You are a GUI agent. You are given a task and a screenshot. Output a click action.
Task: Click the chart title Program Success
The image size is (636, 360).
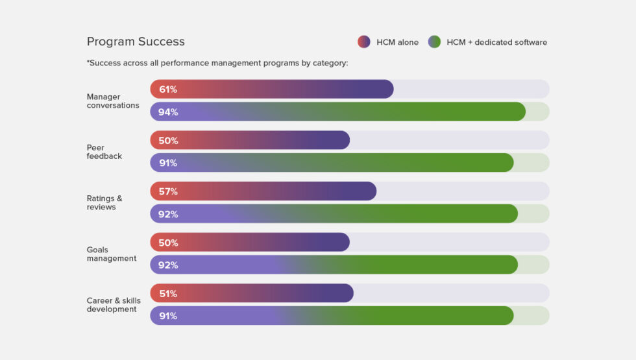click(136, 42)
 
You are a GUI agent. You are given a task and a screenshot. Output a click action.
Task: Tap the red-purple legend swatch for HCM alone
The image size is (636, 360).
click(363, 42)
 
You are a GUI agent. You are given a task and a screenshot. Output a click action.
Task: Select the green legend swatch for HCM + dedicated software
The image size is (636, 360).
click(434, 42)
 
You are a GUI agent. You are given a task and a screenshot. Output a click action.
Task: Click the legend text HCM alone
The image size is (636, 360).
click(397, 42)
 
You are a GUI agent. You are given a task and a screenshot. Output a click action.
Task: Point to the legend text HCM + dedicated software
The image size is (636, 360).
click(496, 42)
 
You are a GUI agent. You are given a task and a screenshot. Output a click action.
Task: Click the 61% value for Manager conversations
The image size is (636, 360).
click(168, 90)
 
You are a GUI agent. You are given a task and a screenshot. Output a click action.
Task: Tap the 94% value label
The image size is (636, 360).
click(168, 112)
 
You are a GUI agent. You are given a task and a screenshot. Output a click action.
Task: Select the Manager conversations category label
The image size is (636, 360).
click(113, 101)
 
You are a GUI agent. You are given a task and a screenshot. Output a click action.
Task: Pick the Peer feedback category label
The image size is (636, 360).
click(104, 152)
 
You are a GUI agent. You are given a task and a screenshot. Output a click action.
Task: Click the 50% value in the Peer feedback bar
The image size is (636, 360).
click(168, 141)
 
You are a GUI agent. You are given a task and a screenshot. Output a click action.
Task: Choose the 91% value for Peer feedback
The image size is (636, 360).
click(168, 163)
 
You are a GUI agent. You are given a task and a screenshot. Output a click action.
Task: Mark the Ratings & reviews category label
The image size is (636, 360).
click(104, 202)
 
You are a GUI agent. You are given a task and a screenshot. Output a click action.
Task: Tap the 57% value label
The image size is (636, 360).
click(168, 191)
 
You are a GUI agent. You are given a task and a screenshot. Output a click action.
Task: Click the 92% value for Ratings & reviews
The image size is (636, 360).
click(168, 214)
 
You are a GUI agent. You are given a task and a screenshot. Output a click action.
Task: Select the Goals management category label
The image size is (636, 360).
click(112, 254)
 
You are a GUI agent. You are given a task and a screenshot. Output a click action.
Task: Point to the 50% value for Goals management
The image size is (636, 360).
click(168, 243)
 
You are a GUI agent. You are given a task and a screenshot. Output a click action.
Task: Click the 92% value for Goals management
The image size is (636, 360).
click(168, 265)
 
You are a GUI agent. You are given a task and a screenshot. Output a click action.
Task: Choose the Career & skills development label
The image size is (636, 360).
click(113, 305)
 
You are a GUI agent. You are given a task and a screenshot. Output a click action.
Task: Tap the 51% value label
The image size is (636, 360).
click(168, 294)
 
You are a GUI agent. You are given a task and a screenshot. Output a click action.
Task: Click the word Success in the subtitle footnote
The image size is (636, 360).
click(106, 63)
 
